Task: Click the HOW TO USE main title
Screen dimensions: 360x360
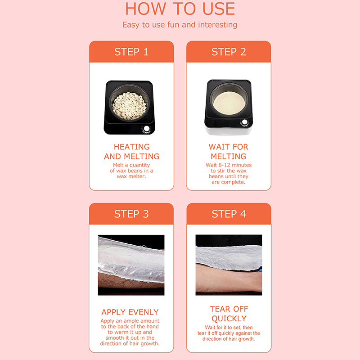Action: pos(180,9)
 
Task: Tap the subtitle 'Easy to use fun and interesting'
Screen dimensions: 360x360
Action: pos(180,25)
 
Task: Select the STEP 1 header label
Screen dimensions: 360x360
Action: pos(131,52)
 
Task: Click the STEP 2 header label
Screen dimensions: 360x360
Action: pos(229,52)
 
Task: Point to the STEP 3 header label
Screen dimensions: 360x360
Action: pos(131,214)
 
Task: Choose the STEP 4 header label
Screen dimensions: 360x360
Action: pos(229,214)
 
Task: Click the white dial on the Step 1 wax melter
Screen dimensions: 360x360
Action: pos(147,129)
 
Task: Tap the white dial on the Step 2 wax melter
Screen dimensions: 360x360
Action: pos(245,122)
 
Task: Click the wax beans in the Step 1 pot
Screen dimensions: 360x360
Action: pos(129,106)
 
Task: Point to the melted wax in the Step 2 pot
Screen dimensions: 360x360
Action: pos(229,103)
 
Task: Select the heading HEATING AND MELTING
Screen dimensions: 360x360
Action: pos(131,152)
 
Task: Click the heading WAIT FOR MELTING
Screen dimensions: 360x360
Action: pos(229,152)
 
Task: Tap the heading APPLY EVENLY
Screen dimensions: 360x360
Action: pos(130,312)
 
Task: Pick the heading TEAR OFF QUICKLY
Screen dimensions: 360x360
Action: pos(229,314)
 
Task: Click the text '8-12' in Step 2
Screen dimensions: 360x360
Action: pos(226,165)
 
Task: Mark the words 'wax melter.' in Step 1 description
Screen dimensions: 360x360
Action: pos(131,176)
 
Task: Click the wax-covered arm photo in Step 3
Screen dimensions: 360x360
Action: pos(131,265)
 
